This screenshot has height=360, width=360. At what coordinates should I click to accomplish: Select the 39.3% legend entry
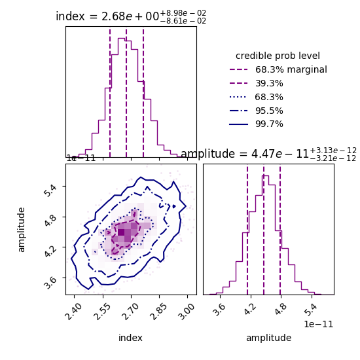click(268, 83)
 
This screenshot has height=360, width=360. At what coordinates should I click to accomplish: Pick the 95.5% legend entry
click(268, 111)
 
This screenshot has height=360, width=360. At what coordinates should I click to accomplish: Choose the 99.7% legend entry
click(268, 124)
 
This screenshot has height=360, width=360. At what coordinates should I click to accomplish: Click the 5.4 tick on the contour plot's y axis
click(54, 187)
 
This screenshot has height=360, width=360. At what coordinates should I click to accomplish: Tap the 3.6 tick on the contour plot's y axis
click(54, 279)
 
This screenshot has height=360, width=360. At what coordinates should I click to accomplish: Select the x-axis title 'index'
click(130, 338)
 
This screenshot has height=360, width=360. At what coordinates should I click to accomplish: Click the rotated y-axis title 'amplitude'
click(22, 229)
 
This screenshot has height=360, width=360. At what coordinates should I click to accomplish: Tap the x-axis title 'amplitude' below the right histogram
click(268, 338)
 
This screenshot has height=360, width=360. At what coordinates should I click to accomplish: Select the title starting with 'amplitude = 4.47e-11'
click(268, 154)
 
